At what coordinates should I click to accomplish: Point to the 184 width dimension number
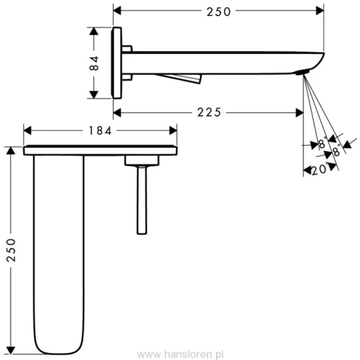100,131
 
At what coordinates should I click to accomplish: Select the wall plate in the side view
117,63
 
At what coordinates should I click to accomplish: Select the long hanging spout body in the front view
58,247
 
